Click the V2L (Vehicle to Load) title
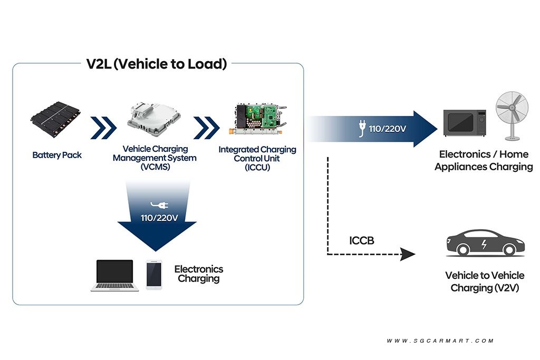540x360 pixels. [157, 64]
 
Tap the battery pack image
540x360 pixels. [56, 119]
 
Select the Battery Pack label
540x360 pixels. [57, 155]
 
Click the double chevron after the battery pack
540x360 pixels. [103, 128]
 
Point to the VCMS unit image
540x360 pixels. [154, 119]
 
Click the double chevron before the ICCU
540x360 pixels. [206, 128]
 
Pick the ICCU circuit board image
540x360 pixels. [257, 119]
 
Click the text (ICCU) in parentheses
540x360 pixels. [257, 168]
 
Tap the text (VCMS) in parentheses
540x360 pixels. [156, 167]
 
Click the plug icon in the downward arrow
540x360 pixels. [159, 206]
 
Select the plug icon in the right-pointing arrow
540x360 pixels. [362, 129]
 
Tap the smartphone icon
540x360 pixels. [154, 275]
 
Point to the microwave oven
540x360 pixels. [465, 123]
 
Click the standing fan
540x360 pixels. [512, 116]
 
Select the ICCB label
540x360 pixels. [362, 240]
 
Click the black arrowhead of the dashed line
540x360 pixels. [408, 255]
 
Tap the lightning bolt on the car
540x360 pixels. [484, 244]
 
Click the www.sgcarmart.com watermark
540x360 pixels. [440, 340]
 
